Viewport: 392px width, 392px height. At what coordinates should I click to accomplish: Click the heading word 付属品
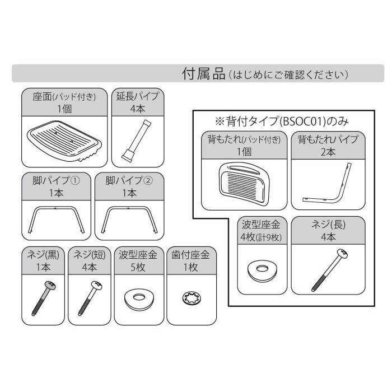(203, 74)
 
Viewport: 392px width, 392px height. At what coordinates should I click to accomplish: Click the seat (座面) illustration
(64, 140)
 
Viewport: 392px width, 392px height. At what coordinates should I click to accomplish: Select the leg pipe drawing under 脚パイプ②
(129, 220)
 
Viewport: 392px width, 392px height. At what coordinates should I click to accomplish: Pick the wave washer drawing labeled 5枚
(137, 295)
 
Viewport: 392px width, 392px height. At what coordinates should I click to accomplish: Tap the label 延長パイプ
(137, 96)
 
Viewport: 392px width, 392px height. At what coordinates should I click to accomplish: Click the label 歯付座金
(190, 255)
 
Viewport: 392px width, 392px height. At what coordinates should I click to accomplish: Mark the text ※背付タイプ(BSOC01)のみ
(282, 121)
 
